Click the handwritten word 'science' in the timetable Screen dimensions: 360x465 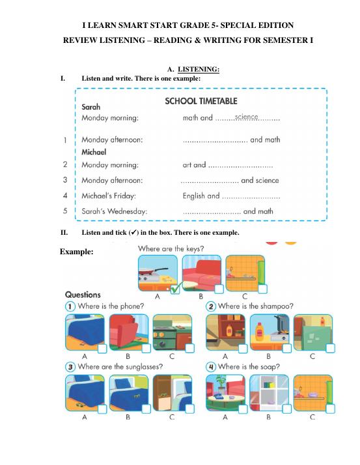point(247,117)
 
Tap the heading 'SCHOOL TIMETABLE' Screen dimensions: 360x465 point(201,101)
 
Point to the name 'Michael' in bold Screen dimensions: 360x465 point(94,152)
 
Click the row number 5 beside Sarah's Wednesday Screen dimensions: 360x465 point(64,211)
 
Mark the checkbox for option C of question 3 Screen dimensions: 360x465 point(189,408)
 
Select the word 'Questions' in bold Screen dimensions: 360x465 point(83,295)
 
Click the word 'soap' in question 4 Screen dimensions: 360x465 point(270,367)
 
